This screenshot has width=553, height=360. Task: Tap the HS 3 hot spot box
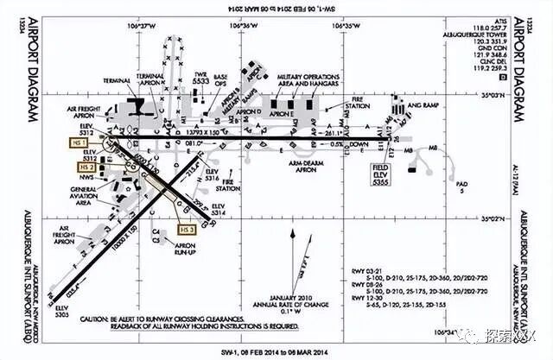coord(186,230)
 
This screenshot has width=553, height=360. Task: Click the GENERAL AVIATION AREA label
coord(87,195)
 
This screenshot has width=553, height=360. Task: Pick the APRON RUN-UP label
coord(165,249)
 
